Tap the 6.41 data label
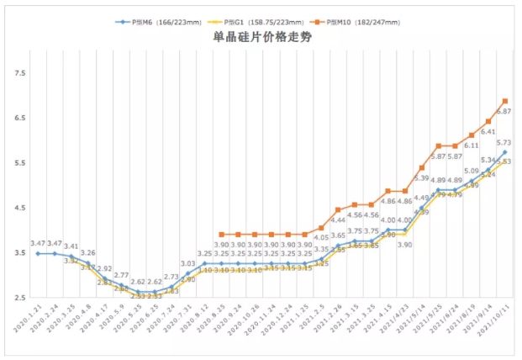click(x=488, y=132)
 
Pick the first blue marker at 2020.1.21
click(x=38, y=253)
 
